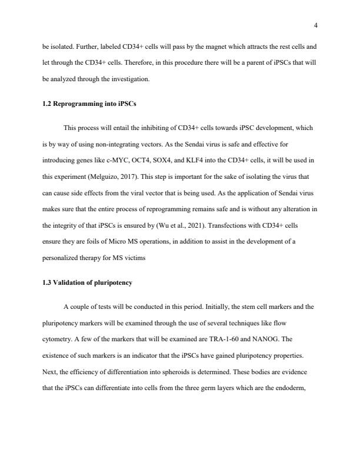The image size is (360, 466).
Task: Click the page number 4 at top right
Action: (316, 25)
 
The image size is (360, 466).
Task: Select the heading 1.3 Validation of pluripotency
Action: (87, 282)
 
